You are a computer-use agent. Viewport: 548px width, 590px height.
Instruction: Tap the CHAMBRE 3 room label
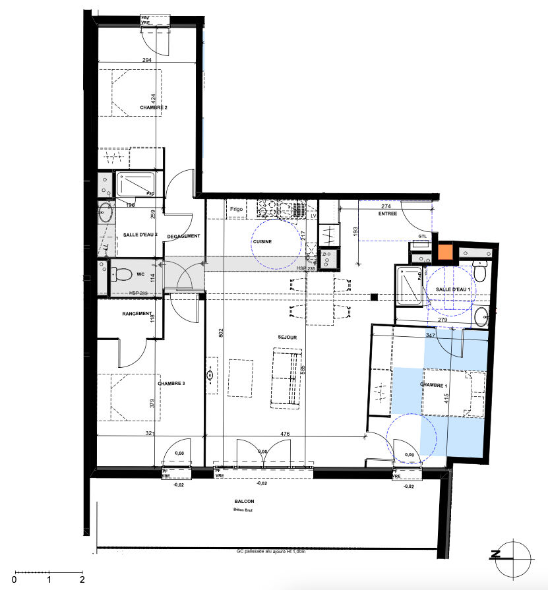tap(171, 383)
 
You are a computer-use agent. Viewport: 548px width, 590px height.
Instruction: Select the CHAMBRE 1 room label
tap(433, 385)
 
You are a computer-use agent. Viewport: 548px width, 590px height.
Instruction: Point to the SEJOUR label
tap(287, 338)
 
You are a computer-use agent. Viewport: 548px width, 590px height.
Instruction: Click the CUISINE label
tap(262, 242)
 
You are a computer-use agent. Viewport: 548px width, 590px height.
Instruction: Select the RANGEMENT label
tap(137, 314)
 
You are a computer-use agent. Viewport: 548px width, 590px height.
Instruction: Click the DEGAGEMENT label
tap(183, 236)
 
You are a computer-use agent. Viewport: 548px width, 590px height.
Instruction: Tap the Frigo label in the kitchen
tap(237, 209)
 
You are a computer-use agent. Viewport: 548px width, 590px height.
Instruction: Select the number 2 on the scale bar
tap(82, 581)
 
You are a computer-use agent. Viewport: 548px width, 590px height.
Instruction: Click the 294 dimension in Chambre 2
tap(147, 60)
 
